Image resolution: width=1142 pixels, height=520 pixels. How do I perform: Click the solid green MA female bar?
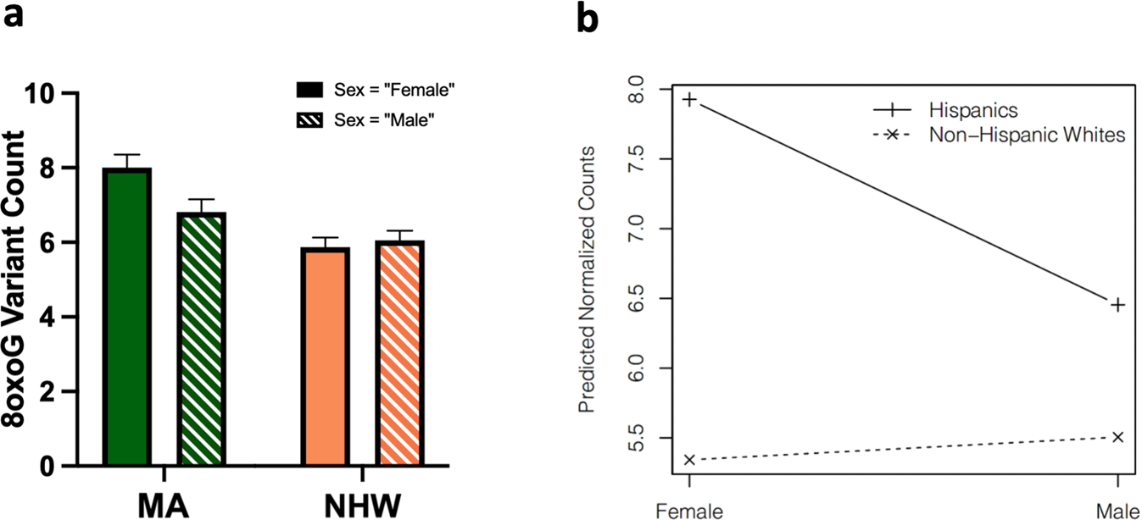coord(126,317)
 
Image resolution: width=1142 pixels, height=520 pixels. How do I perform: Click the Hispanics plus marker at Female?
coord(690,100)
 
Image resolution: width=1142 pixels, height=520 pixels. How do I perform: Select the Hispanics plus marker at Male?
coord(1117,304)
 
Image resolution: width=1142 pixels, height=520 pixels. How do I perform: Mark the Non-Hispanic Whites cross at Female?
coord(690,460)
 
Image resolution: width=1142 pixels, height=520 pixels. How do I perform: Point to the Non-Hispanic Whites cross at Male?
coord(1117,437)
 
